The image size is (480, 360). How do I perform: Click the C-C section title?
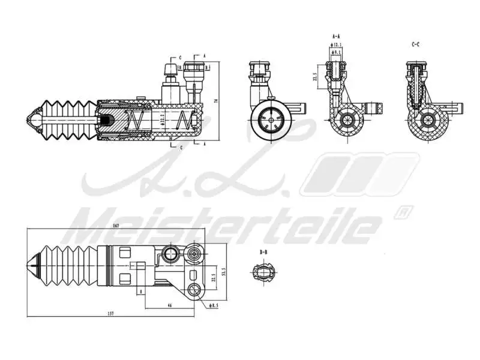coord(415,44)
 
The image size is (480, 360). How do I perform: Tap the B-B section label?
coord(263,253)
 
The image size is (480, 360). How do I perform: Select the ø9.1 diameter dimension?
coord(338,52)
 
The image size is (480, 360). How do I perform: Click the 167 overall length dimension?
coord(116,226)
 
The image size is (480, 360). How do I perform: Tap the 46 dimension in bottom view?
coord(169,306)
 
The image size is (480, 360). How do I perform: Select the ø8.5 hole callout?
coord(214,306)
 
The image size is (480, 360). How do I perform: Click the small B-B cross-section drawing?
coord(263,273)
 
